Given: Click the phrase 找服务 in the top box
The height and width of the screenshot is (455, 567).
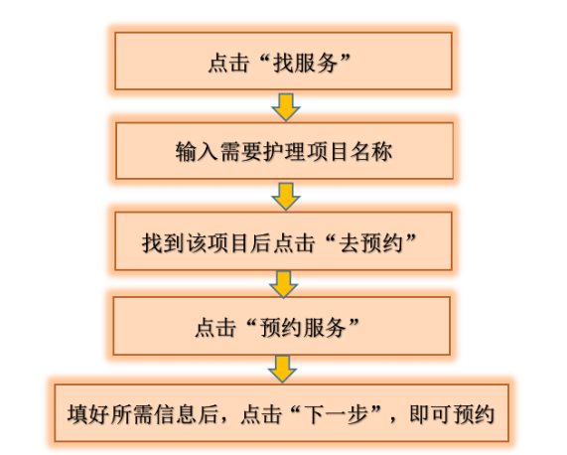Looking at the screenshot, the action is (x=305, y=63).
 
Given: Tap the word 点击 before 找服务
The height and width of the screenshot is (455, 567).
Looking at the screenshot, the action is (x=229, y=63).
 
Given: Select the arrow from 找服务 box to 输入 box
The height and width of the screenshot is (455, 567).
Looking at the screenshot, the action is (x=286, y=107).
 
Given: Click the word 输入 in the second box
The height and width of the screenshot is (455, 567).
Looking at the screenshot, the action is (x=197, y=151).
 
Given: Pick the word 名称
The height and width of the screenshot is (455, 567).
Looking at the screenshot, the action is (x=371, y=151).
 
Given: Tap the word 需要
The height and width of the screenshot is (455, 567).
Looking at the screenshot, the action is (x=240, y=151).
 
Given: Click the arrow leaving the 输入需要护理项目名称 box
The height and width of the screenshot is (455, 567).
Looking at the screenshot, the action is (x=286, y=197).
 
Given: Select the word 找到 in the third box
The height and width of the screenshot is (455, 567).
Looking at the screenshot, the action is (x=163, y=242).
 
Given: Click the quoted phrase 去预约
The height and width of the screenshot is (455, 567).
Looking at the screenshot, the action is (x=370, y=242).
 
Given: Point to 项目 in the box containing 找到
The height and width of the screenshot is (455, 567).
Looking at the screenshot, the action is (x=228, y=242).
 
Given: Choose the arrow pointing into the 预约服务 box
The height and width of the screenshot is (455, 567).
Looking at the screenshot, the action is (x=284, y=285).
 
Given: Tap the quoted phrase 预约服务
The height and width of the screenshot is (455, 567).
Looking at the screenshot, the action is (x=303, y=328).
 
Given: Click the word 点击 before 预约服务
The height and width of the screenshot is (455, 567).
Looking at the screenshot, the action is (x=215, y=328).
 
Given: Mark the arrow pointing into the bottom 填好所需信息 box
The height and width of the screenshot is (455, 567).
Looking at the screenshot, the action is (x=282, y=370).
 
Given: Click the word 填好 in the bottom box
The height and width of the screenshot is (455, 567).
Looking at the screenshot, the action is (x=88, y=414).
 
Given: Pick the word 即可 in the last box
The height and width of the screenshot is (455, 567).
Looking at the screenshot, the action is (x=431, y=414).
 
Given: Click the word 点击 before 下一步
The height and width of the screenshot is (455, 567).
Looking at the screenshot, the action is (x=261, y=414).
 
